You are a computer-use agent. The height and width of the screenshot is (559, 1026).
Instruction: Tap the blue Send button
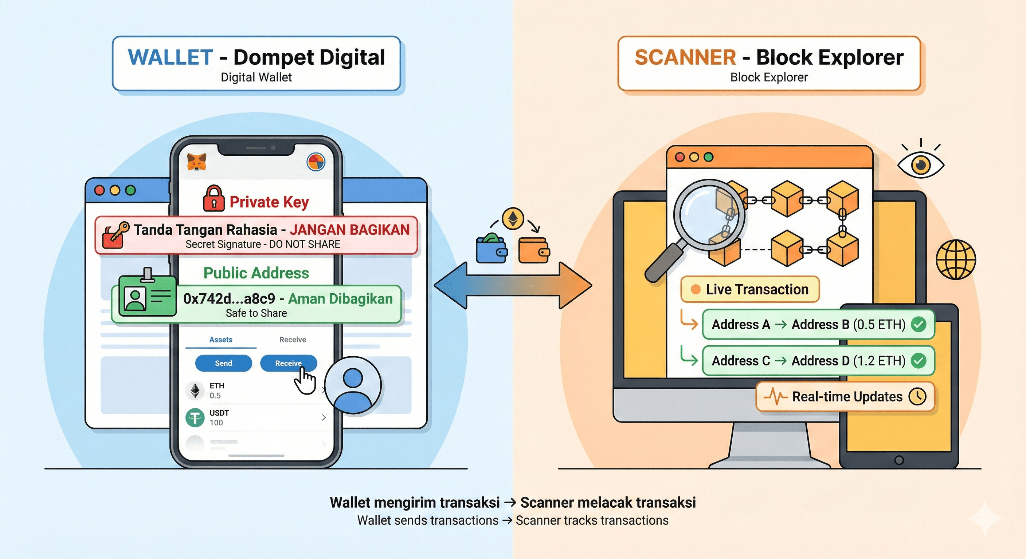point(223,363)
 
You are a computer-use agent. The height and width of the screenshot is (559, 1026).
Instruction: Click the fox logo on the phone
point(197,162)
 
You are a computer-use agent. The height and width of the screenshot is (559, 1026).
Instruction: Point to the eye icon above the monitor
point(920,165)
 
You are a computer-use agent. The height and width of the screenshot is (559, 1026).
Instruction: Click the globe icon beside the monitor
point(956,259)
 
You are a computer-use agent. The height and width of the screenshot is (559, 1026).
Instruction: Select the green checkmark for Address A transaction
point(919,324)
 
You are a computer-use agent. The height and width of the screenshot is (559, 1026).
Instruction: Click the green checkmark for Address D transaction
point(919,360)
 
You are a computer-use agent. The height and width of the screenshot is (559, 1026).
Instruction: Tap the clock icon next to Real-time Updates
point(918,396)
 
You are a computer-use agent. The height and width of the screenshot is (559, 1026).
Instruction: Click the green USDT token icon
point(195,418)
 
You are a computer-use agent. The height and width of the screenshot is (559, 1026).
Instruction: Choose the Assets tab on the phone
point(221,340)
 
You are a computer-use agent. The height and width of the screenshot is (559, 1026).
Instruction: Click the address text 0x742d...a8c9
point(229,299)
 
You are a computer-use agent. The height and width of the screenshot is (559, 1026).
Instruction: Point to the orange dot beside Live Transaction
point(696,289)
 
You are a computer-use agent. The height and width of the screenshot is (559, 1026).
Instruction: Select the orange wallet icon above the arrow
point(534,250)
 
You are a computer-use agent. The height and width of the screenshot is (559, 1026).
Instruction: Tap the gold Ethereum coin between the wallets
point(513,218)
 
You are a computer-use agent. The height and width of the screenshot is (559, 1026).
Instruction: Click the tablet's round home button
point(899,460)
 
